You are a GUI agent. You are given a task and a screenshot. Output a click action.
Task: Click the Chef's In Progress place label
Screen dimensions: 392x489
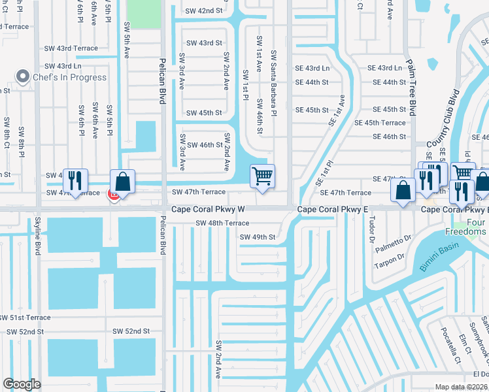[x=71, y=77]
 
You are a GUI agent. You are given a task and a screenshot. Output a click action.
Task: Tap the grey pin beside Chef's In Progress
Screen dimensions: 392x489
[x=24, y=77]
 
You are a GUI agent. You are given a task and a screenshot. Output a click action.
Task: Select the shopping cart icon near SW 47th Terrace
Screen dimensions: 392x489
[x=262, y=175]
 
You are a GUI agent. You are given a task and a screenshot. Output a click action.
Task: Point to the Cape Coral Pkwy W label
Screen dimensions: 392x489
[x=208, y=210]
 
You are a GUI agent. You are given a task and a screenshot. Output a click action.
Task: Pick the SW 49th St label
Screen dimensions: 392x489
[x=258, y=237]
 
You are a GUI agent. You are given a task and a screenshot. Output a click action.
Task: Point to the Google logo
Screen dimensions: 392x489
[x=22, y=384]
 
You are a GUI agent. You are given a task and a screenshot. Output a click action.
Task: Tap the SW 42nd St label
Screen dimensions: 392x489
[x=204, y=11]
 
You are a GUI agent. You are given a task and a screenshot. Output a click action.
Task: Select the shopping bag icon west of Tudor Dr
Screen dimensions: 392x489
[x=403, y=190]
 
